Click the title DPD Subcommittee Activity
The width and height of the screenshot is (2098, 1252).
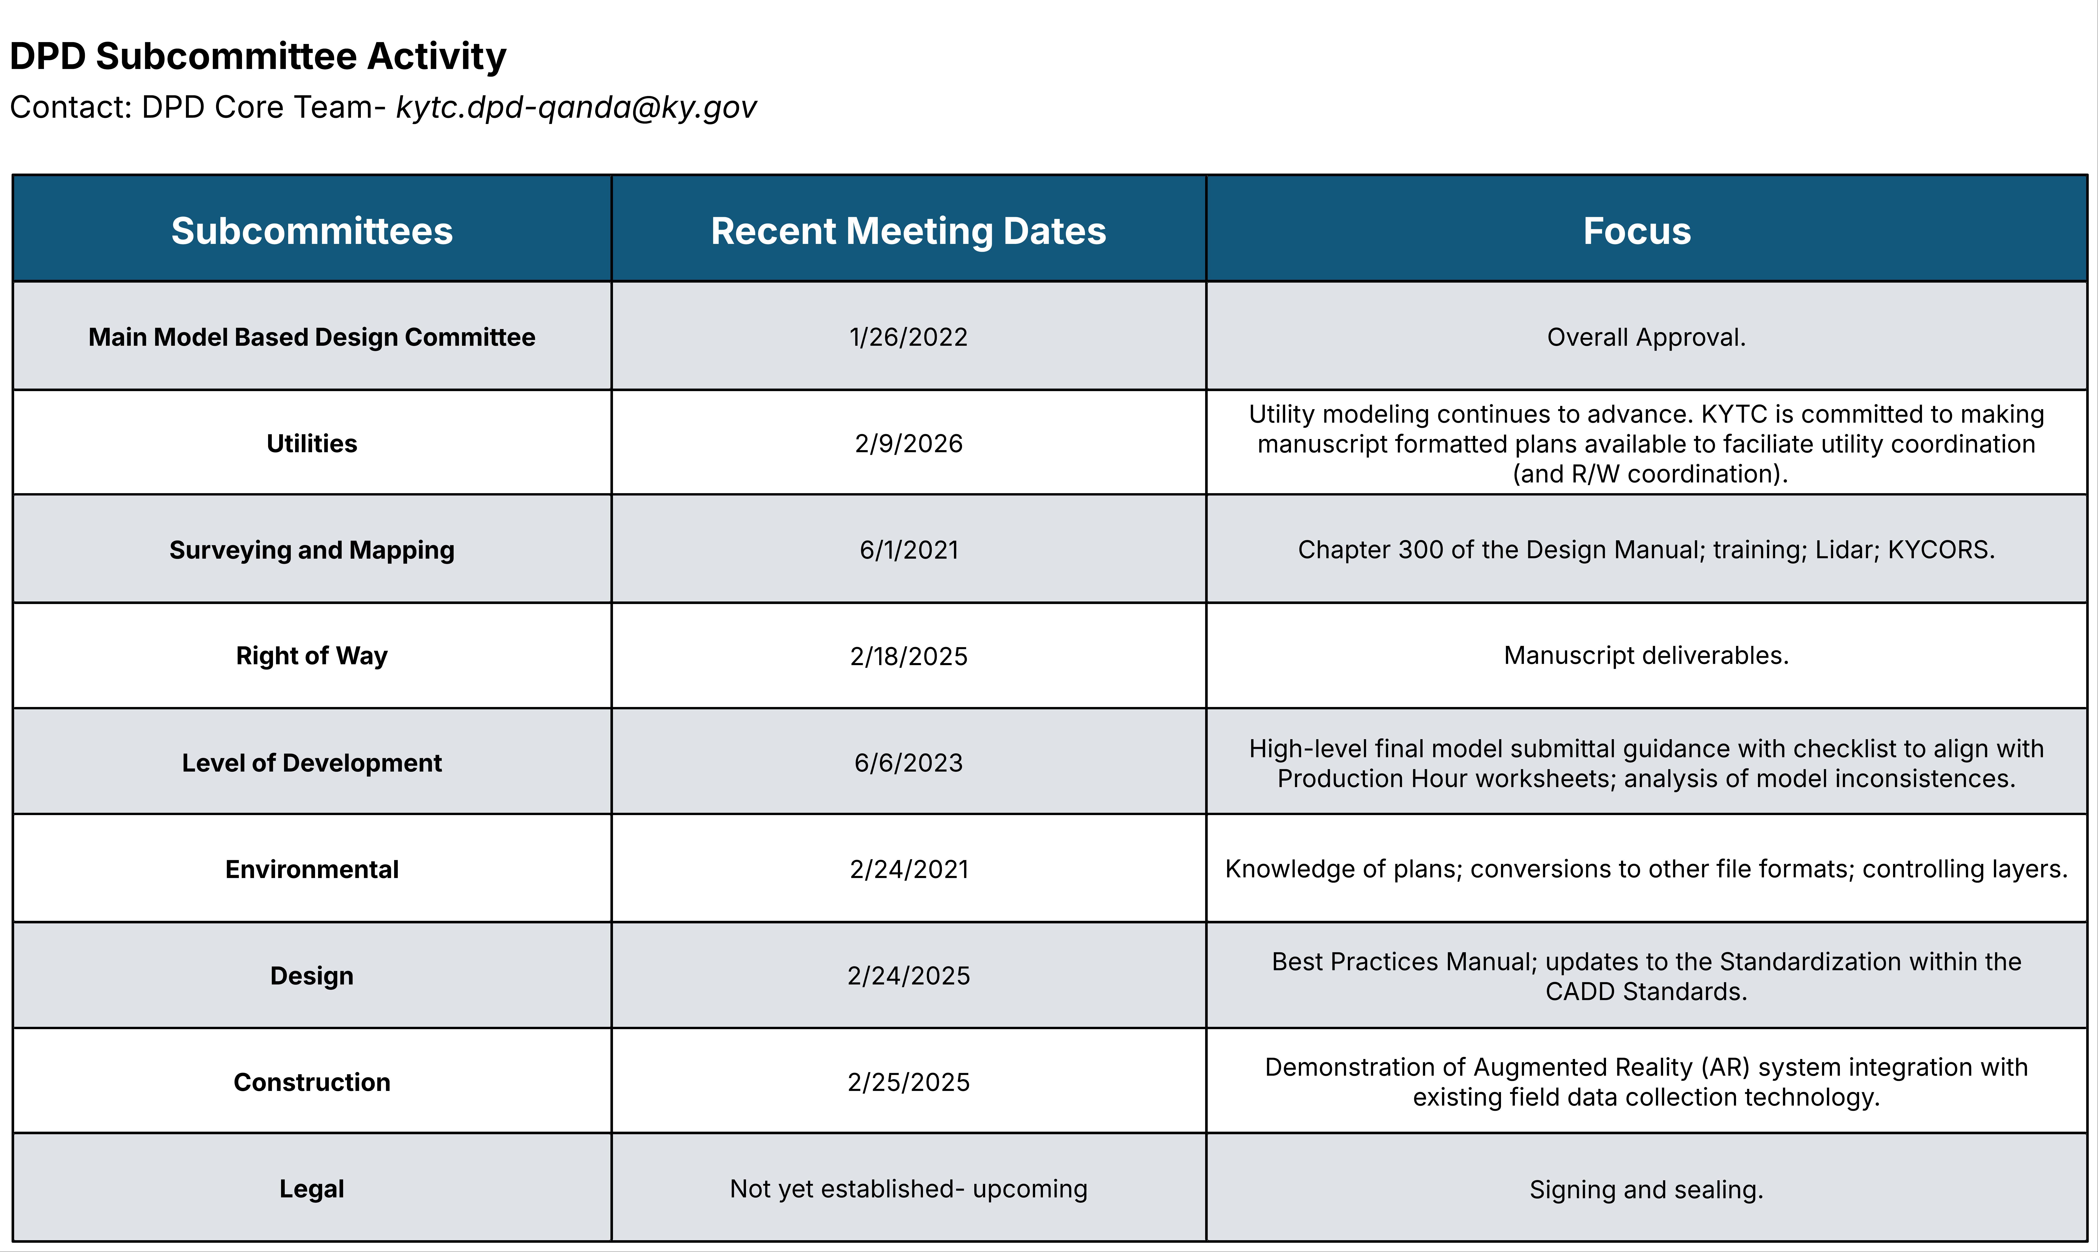tap(258, 56)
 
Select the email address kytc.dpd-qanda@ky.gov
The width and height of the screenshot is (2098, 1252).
tap(576, 107)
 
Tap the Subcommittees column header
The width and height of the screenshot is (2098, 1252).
tap(312, 230)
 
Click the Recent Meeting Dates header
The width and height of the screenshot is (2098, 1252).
tap(908, 230)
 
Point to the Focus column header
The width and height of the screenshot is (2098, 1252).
tap(1637, 230)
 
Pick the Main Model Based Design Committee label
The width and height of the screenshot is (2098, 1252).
tap(312, 337)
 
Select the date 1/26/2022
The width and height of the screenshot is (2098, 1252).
tap(908, 337)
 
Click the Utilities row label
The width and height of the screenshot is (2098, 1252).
tap(312, 443)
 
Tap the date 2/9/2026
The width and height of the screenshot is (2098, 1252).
tap(908, 443)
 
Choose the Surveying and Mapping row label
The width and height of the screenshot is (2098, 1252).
tap(312, 549)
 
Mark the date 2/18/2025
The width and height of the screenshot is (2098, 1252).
tap(908, 656)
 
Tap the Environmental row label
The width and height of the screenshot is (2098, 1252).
tap(312, 869)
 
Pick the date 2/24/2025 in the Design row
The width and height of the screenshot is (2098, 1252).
tap(908, 975)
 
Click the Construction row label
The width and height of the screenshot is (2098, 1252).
tap(312, 1082)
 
